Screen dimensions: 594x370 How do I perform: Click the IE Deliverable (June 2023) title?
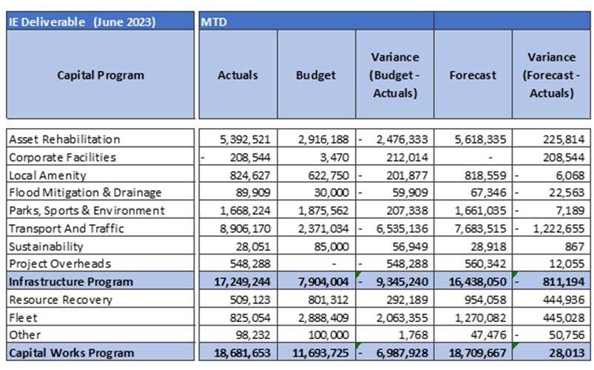82,22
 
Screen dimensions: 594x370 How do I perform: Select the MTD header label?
214,22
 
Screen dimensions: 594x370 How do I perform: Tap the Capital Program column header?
101,75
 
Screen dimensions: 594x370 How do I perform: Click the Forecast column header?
473,75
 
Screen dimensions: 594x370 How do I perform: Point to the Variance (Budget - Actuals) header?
395,75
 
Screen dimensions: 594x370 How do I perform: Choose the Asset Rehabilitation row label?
64,139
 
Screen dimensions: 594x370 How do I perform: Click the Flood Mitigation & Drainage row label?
85,192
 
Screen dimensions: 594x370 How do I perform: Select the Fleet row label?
23,317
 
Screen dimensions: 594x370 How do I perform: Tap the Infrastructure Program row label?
71,282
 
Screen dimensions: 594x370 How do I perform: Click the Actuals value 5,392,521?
245,140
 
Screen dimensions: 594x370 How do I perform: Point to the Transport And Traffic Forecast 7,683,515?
480,229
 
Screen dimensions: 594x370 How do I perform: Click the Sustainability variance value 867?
574,246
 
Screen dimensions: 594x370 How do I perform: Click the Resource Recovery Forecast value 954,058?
485,300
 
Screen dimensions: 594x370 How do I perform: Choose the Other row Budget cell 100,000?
328,334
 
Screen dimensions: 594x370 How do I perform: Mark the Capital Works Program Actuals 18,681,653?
242,353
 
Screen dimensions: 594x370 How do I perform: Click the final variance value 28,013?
567,353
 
